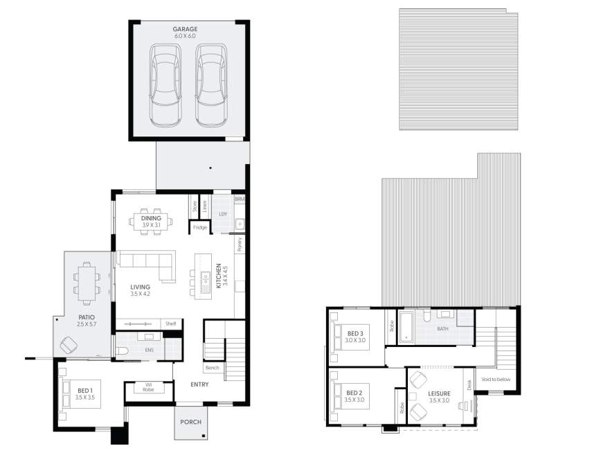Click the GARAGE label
[x=185, y=29]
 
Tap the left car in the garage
[x=165, y=85]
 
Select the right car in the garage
[x=211, y=85]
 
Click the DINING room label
[x=151, y=218]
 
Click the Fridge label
[x=200, y=227]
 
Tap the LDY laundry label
[x=222, y=214]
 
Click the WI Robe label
[x=148, y=387]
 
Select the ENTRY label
[x=199, y=384]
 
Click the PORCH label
[x=190, y=421]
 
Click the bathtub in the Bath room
[x=407, y=327]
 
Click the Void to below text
[x=496, y=380]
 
